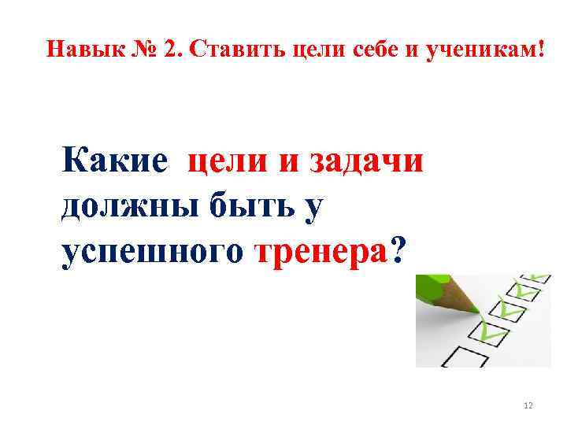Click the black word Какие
[x=114, y=162]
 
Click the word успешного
[x=153, y=252]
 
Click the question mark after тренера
[x=399, y=252]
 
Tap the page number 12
[x=528, y=405]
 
